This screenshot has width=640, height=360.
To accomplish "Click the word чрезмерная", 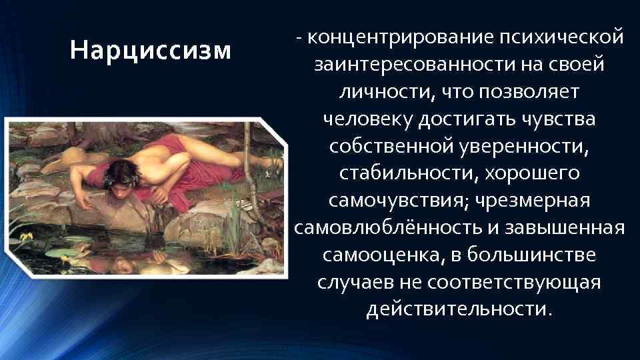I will (531, 201).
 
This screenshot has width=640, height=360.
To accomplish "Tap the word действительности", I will (459, 309).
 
